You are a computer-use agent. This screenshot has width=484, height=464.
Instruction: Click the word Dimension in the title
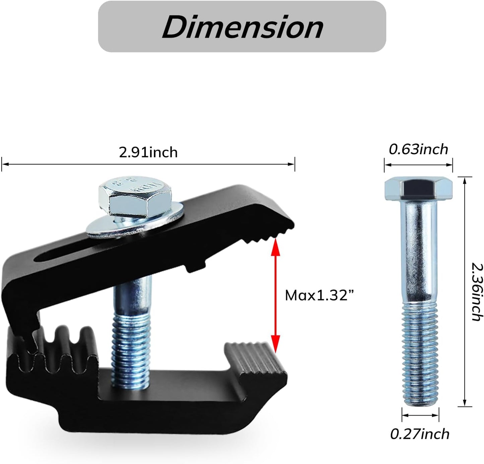(x=243, y=27)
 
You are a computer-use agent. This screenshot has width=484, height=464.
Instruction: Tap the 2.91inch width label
(x=148, y=152)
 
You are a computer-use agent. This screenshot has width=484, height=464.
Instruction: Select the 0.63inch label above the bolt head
(x=419, y=150)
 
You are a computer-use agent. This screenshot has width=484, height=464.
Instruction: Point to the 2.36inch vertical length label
(x=476, y=292)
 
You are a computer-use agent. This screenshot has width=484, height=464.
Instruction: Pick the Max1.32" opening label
(x=319, y=296)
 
